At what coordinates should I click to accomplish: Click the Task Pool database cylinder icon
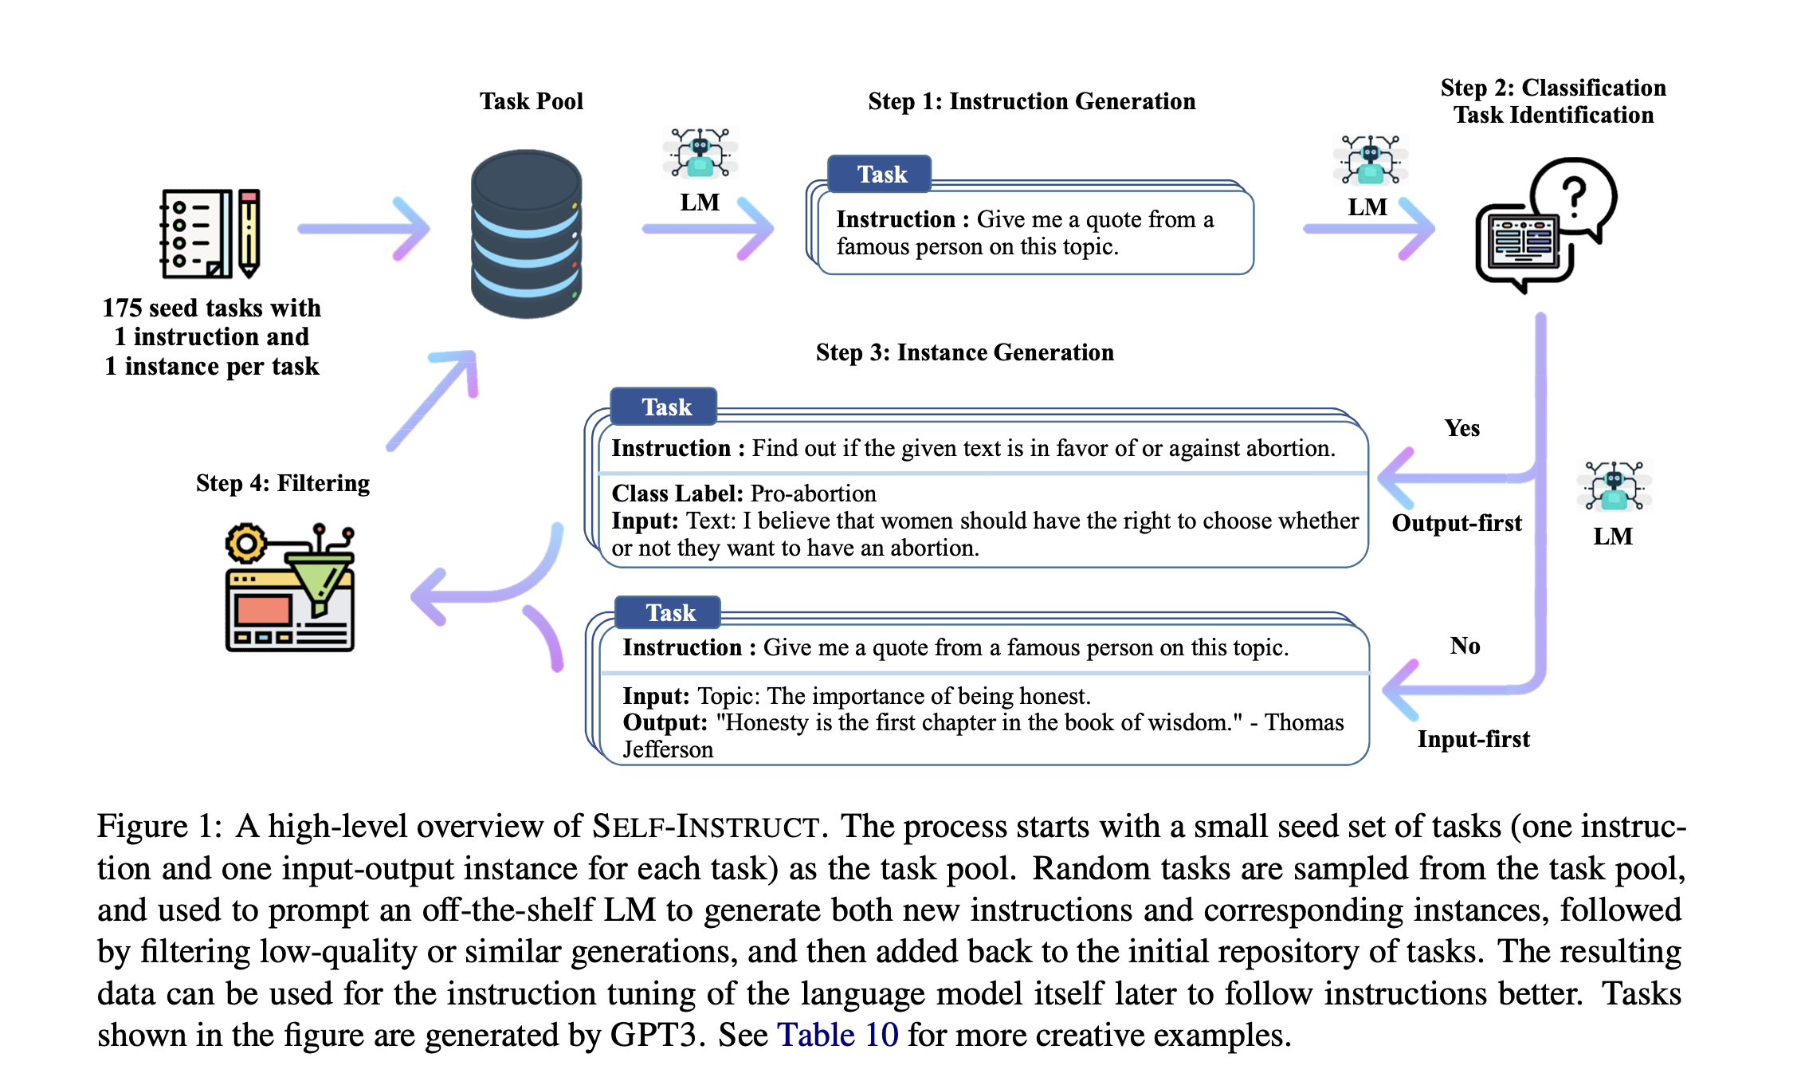[527, 234]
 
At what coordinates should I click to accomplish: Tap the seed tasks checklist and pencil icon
[210, 234]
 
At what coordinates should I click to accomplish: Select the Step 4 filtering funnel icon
[289, 588]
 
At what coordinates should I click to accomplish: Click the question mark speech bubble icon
[1546, 225]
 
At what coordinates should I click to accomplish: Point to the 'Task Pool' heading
[532, 101]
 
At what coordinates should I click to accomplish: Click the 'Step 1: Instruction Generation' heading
[1032, 101]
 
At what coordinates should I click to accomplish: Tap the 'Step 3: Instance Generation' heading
[965, 352]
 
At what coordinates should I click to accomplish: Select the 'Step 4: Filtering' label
[283, 483]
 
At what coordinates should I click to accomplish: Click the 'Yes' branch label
[1462, 428]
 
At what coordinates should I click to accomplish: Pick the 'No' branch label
[1465, 646]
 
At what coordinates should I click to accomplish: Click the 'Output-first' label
[1457, 523]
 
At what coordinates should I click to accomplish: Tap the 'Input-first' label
[1473, 739]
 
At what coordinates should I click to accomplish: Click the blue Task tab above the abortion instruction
[664, 407]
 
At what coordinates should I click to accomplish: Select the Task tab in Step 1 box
[880, 174]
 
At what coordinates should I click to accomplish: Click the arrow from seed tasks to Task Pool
[363, 229]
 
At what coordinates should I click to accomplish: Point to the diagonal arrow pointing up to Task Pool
[432, 400]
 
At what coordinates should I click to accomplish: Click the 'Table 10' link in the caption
[838, 1035]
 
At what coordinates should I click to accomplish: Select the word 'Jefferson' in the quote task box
[668, 749]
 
